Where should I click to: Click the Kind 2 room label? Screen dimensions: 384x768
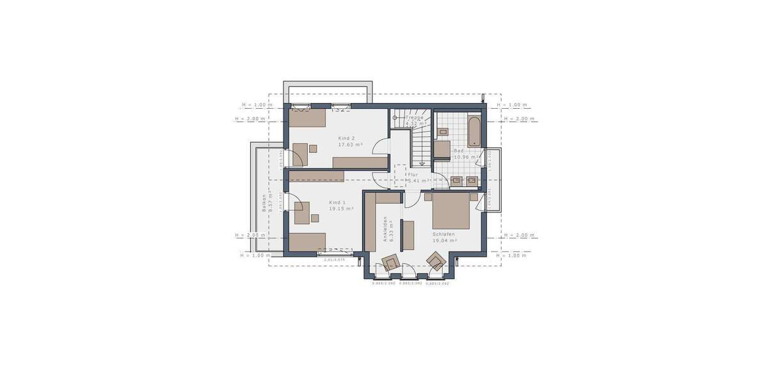346,138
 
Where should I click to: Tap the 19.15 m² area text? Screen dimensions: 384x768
342,209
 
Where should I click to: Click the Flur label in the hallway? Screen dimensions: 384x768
413,174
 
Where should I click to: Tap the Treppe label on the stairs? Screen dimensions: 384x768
414,117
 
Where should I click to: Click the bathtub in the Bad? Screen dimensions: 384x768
474,131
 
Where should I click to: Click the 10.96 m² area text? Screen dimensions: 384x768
466,157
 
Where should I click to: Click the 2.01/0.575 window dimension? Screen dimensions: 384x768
334,260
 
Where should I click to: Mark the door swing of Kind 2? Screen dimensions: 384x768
380,146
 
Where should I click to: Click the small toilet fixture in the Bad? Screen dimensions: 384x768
444,132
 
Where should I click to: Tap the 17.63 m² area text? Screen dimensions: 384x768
350,145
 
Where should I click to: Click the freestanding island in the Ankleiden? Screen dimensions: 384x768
408,235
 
